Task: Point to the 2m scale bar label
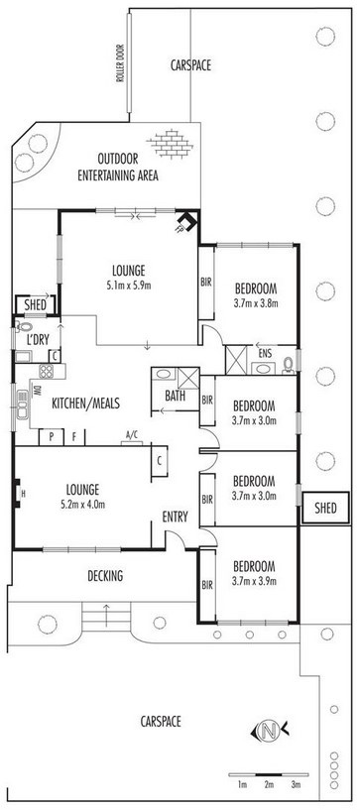(269, 784)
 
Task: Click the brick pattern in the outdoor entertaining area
(171, 143)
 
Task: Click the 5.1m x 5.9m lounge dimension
(129, 285)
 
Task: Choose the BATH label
(175, 397)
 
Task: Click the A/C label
(132, 435)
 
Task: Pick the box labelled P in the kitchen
(52, 437)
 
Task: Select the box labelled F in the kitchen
(73, 437)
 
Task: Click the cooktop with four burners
(46, 372)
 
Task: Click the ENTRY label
(176, 518)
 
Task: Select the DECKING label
(105, 575)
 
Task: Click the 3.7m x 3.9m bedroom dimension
(255, 581)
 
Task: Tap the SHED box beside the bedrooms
(325, 509)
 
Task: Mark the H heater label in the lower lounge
(23, 494)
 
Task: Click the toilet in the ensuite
(289, 365)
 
